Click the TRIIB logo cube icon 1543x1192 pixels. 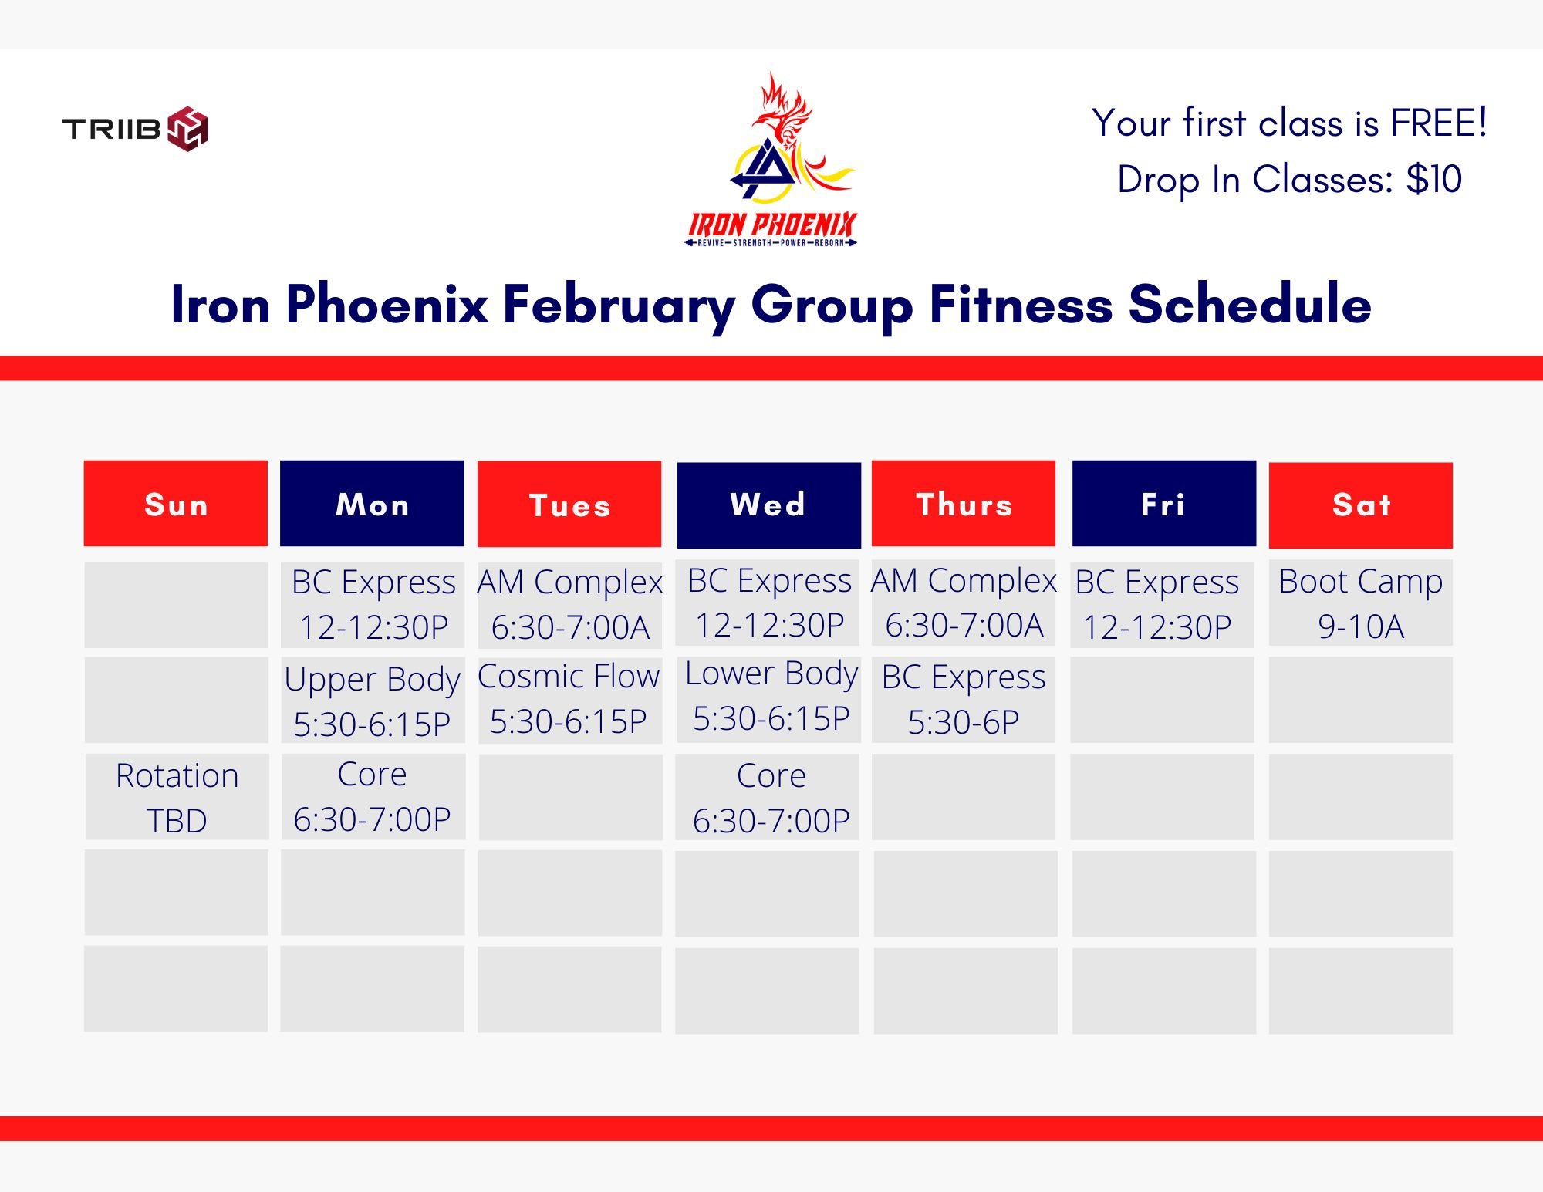click(x=187, y=128)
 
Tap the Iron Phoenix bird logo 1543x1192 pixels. click(x=772, y=160)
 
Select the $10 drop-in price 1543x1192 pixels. click(x=1433, y=179)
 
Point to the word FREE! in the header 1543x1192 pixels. click(x=1439, y=123)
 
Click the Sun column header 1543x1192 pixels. click(x=176, y=504)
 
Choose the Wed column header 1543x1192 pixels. click(x=768, y=505)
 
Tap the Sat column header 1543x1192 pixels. click(x=1361, y=505)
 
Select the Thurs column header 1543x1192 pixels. click(x=964, y=504)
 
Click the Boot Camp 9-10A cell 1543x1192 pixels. click(x=1361, y=603)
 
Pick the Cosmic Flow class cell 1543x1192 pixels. click(x=569, y=700)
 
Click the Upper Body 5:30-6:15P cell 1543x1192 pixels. click(x=373, y=700)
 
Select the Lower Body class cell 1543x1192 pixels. click(x=768, y=699)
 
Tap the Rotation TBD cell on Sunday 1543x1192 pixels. click(x=177, y=797)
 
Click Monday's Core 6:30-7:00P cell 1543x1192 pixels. click(x=373, y=797)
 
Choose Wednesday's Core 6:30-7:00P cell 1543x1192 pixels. click(x=768, y=797)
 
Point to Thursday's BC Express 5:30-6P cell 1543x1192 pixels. click(x=964, y=700)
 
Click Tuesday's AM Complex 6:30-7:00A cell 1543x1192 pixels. click(x=569, y=604)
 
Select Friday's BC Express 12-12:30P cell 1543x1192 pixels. click(x=1162, y=604)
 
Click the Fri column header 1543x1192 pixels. click(x=1163, y=504)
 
